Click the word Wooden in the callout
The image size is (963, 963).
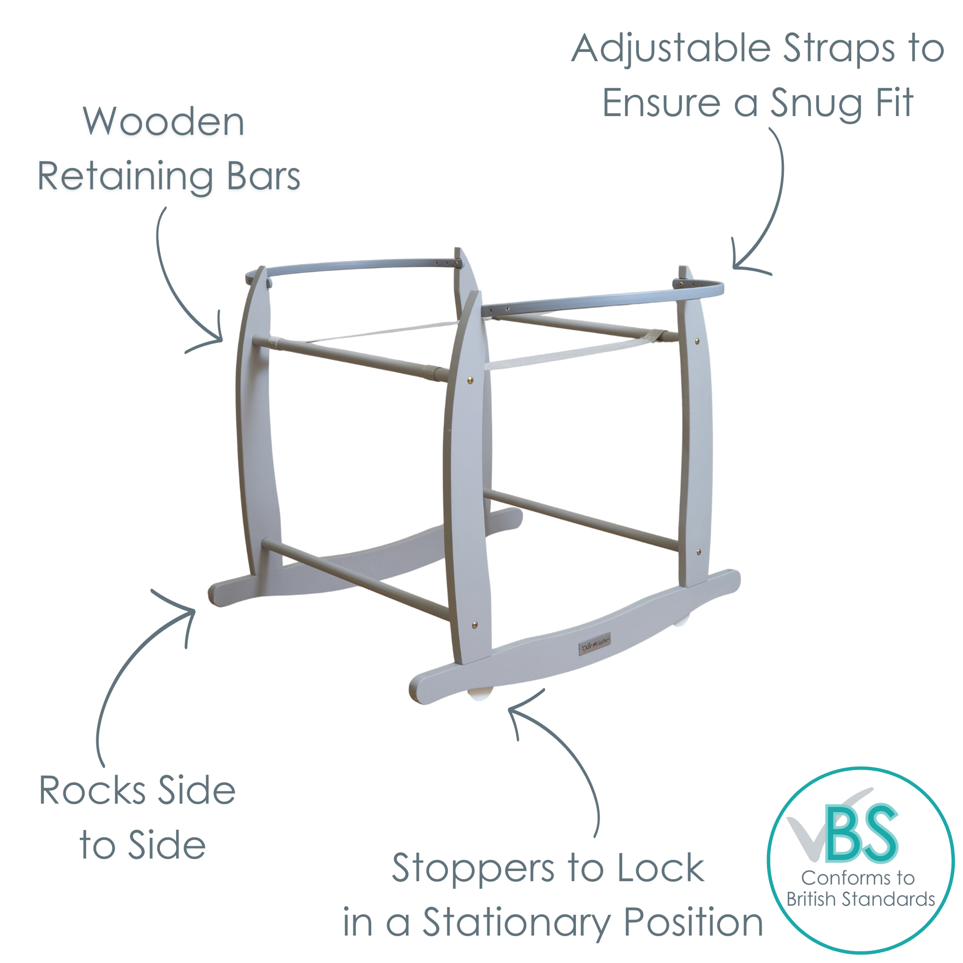click(163, 122)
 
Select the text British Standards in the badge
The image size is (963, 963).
click(861, 899)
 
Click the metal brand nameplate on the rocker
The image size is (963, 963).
click(595, 647)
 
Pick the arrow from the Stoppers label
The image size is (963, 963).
click(563, 748)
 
